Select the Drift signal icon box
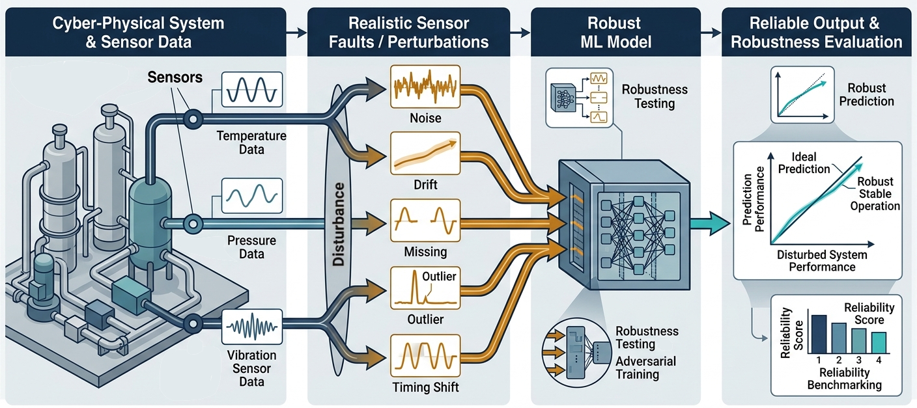[x=425, y=154]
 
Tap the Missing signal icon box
[x=425, y=221]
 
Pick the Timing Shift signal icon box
[x=425, y=356]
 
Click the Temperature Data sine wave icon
[x=251, y=90]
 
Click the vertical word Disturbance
[x=339, y=224]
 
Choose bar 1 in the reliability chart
[x=819, y=333]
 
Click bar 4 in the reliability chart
[x=879, y=342]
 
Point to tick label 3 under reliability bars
[x=859, y=359]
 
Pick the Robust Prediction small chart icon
[x=802, y=94]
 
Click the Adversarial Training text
[x=645, y=368]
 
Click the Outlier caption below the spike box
[x=425, y=320]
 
